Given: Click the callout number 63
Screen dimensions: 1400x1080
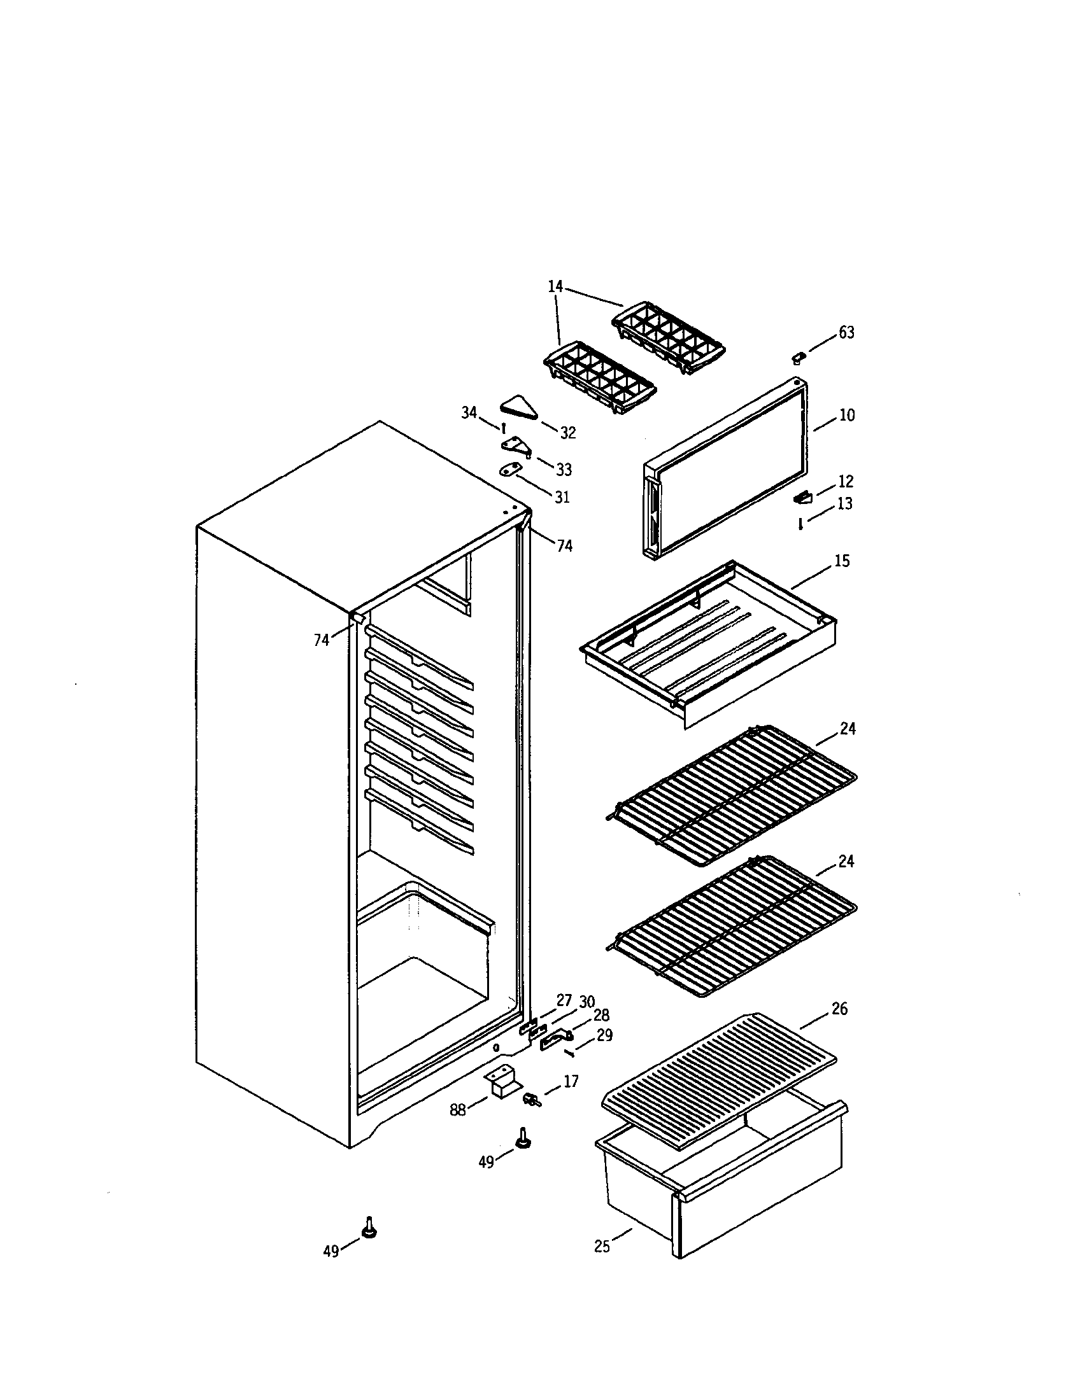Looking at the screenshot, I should (846, 333).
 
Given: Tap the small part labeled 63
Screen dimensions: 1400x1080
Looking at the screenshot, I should (799, 356).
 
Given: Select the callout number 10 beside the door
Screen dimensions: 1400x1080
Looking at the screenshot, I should (846, 416).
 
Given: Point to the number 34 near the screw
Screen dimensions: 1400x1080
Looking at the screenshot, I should (469, 412).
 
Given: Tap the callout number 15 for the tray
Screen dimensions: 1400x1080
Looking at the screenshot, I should (841, 561).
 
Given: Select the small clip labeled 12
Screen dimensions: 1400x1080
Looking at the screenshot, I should (803, 497).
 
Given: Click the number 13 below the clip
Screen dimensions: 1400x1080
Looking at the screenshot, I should (845, 504).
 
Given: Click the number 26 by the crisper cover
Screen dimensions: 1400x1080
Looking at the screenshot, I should (839, 1009).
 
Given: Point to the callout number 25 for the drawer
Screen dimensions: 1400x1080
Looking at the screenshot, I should (602, 1247).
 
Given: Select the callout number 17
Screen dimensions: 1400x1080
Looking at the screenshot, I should (571, 1081).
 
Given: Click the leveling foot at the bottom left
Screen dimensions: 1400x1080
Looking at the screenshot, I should (369, 1228).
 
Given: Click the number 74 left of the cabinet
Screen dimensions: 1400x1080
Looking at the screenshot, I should (322, 639).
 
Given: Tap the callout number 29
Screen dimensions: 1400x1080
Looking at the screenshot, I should (604, 1035).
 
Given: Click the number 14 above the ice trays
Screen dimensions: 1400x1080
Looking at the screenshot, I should (555, 286).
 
